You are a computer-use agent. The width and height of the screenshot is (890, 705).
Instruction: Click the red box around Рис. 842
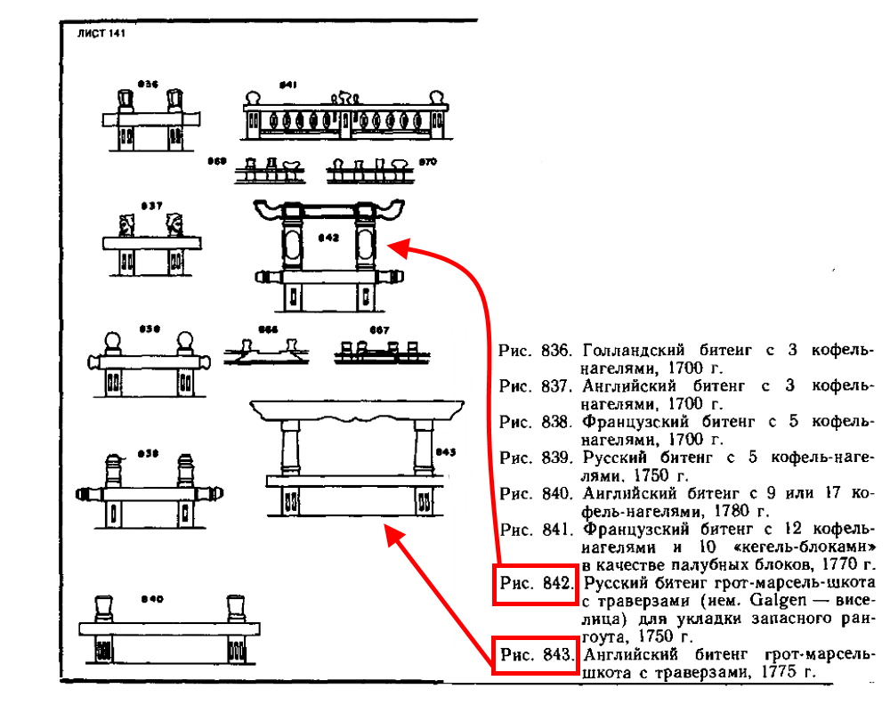click(x=535, y=584)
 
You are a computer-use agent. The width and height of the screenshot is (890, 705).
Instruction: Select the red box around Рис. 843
click(x=535, y=656)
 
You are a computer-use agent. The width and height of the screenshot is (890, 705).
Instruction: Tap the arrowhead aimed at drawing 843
click(x=388, y=531)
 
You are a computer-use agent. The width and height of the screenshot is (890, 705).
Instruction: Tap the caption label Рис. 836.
click(x=534, y=350)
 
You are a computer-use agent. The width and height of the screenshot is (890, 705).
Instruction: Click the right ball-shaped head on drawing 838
click(x=185, y=344)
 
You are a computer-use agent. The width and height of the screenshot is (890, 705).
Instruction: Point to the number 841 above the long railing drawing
click(x=287, y=85)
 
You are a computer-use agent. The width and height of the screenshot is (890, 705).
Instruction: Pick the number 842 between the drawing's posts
click(x=328, y=239)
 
